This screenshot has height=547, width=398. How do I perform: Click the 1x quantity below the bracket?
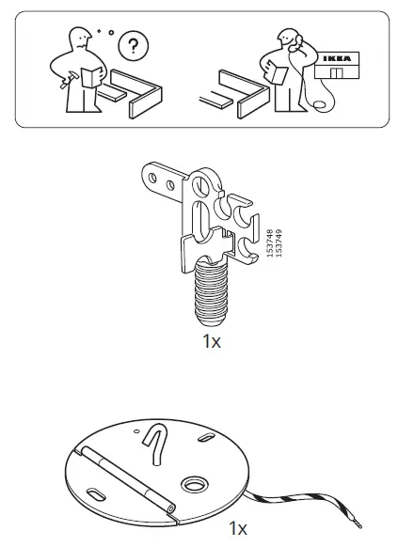[211, 341]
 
